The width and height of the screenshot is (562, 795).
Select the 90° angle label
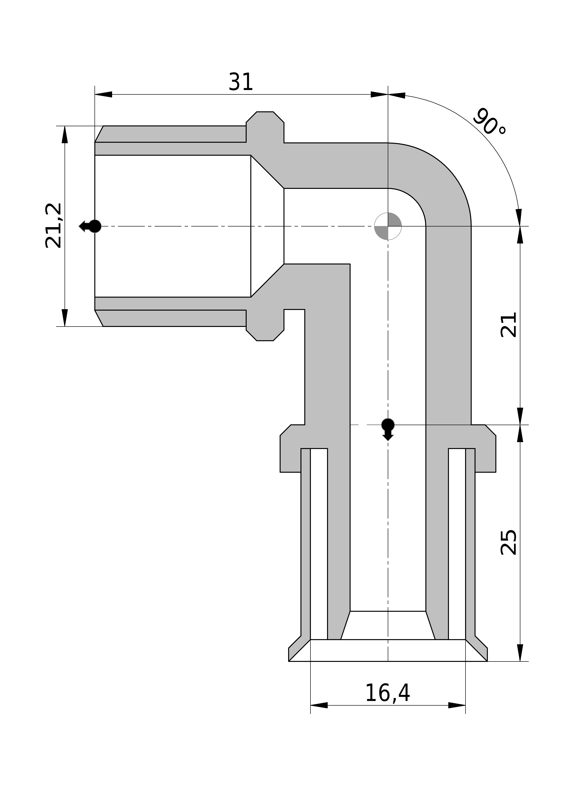coord(489,122)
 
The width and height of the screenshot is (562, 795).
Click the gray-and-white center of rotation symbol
coord(388,226)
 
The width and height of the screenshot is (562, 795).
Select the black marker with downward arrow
coord(388,429)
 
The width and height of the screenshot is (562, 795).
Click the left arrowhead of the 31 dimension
coord(103,94)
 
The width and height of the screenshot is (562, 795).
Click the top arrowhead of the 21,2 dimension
coord(65,134)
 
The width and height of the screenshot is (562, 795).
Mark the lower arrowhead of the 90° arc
coord(519,217)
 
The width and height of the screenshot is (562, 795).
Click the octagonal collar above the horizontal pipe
coord(265,127)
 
